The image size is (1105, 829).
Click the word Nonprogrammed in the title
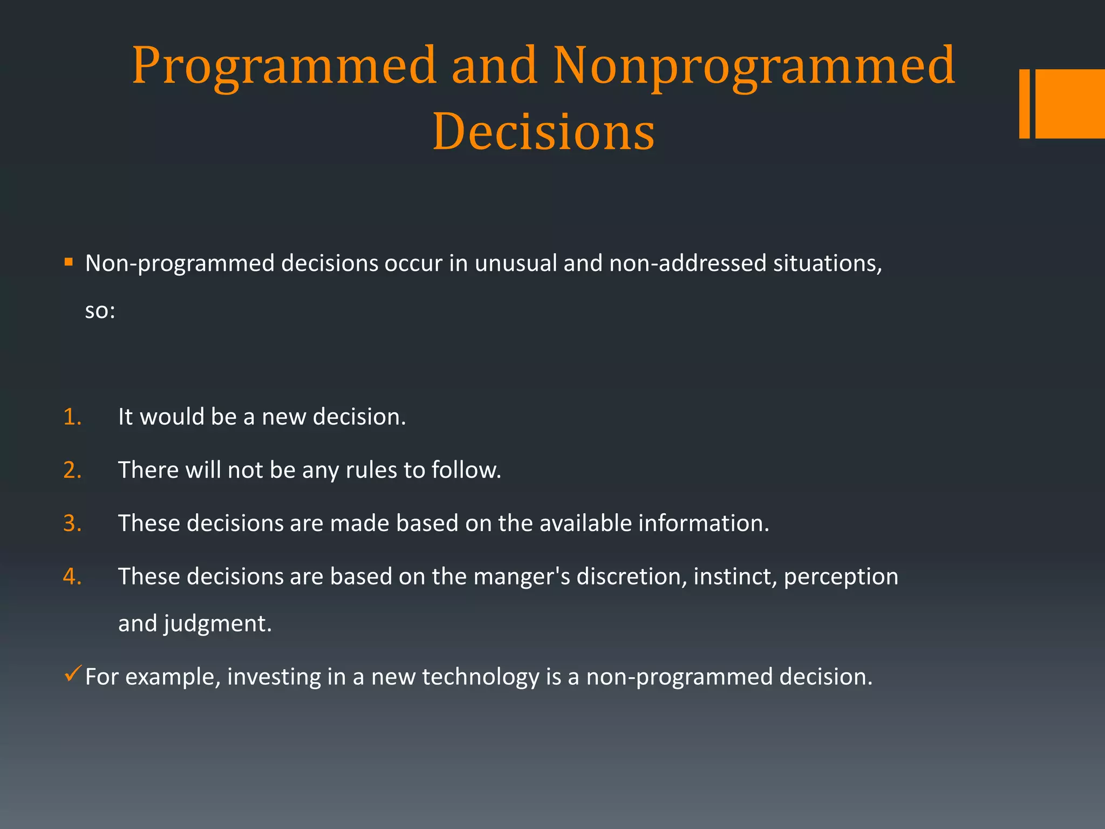coord(754,67)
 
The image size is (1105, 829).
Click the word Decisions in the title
coord(543,132)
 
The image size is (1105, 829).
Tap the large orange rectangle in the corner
coord(1070,104)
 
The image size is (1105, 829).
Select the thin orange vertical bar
coord(1024,104)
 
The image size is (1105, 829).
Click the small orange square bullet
coord(69,262)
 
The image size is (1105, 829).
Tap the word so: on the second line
coord(100,311)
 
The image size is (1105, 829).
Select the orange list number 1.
coord(72,417)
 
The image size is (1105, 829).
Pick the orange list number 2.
coord(72,470)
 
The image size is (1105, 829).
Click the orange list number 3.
coord(72,524)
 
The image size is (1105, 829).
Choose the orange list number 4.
coord(72,576)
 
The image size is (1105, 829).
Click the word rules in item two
coord(371,470)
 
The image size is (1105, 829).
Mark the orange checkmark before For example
coord(72,674)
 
